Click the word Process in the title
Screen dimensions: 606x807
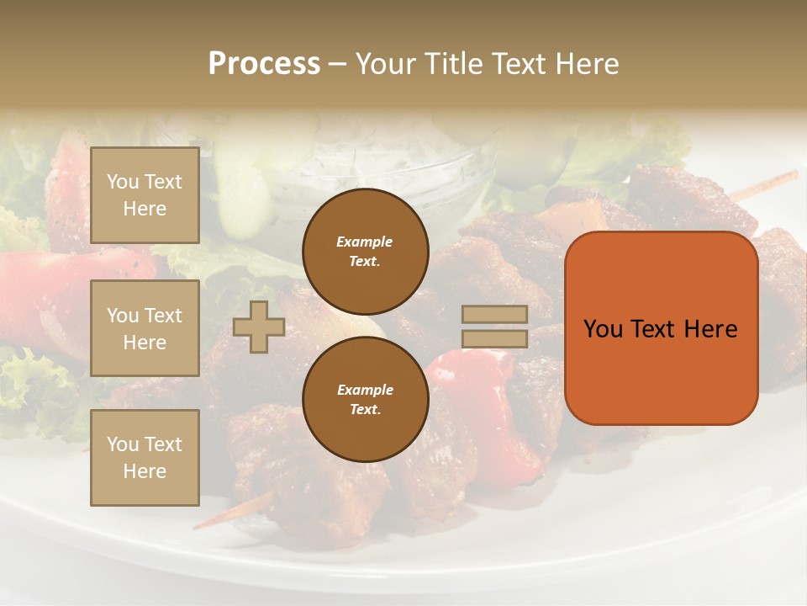tap(264, 64)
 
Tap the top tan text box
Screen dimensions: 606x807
tap(145, 195)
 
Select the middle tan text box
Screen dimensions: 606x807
tap(145, 328)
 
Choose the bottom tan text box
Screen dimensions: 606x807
tap(145, 458)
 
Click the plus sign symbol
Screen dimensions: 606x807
tap(259, 327)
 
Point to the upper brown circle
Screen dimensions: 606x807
tap(365, 251)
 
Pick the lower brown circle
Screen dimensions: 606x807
tap(365, 399)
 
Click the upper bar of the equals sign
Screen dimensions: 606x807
tap(494, 314)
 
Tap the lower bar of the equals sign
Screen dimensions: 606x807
tap(494, 338)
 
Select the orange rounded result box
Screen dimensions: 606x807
tap(661, 328)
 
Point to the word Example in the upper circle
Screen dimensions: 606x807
tap(365, 242)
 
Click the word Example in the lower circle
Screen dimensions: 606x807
tap(365, 390)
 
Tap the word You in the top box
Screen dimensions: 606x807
tap(123, 182)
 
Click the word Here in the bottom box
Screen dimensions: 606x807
tap(145, 471)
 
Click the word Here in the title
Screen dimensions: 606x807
tap(583, 64)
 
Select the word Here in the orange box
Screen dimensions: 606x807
tap(709, 329)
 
